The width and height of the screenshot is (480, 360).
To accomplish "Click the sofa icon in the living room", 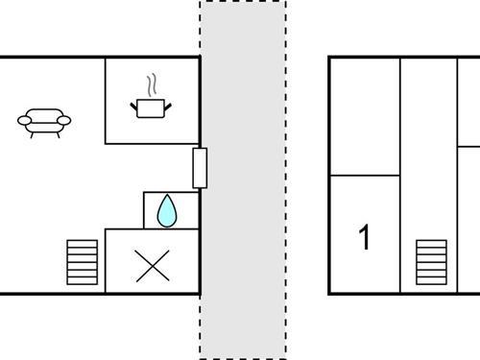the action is point(44,121).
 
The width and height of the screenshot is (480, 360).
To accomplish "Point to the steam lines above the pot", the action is point(151,84).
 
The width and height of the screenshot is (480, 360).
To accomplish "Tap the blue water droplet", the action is point(168,210).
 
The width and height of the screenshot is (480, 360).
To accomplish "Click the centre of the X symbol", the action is point(152,265).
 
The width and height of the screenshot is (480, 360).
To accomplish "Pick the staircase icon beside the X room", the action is point(83,262).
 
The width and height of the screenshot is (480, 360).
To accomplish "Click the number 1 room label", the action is point(364,237).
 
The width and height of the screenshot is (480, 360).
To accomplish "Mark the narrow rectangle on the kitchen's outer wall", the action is point(200,168).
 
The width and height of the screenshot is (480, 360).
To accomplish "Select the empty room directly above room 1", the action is point(364,116).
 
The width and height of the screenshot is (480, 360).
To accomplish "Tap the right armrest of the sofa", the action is point(65,120).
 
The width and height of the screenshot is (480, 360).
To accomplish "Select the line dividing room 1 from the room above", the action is point(364,176).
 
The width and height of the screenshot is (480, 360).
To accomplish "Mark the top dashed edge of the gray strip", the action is point(242,2).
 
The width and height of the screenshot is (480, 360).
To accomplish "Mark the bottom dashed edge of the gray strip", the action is point(242,357).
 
